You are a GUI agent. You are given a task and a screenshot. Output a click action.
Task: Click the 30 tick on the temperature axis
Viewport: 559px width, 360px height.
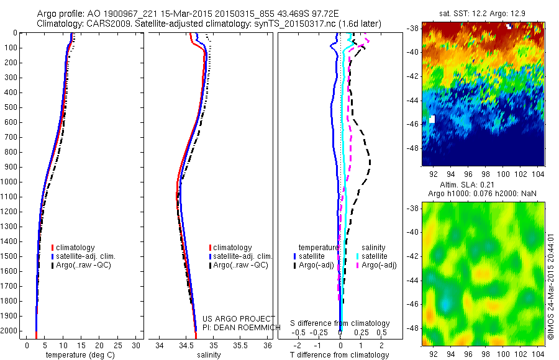[136, 345]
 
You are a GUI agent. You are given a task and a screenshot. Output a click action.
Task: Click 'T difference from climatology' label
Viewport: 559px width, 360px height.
[340, 355]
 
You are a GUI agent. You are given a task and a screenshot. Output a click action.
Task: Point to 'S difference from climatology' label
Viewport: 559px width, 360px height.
[340, 323]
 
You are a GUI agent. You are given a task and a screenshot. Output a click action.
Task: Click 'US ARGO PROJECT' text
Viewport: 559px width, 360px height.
[230, 319]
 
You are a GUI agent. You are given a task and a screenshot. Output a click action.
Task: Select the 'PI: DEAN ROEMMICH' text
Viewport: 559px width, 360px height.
[234, 327]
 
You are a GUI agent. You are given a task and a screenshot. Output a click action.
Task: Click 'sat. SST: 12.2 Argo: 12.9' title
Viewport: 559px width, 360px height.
[483, 13]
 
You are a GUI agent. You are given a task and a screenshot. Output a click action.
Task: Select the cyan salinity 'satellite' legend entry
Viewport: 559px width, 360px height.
[375, 256]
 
